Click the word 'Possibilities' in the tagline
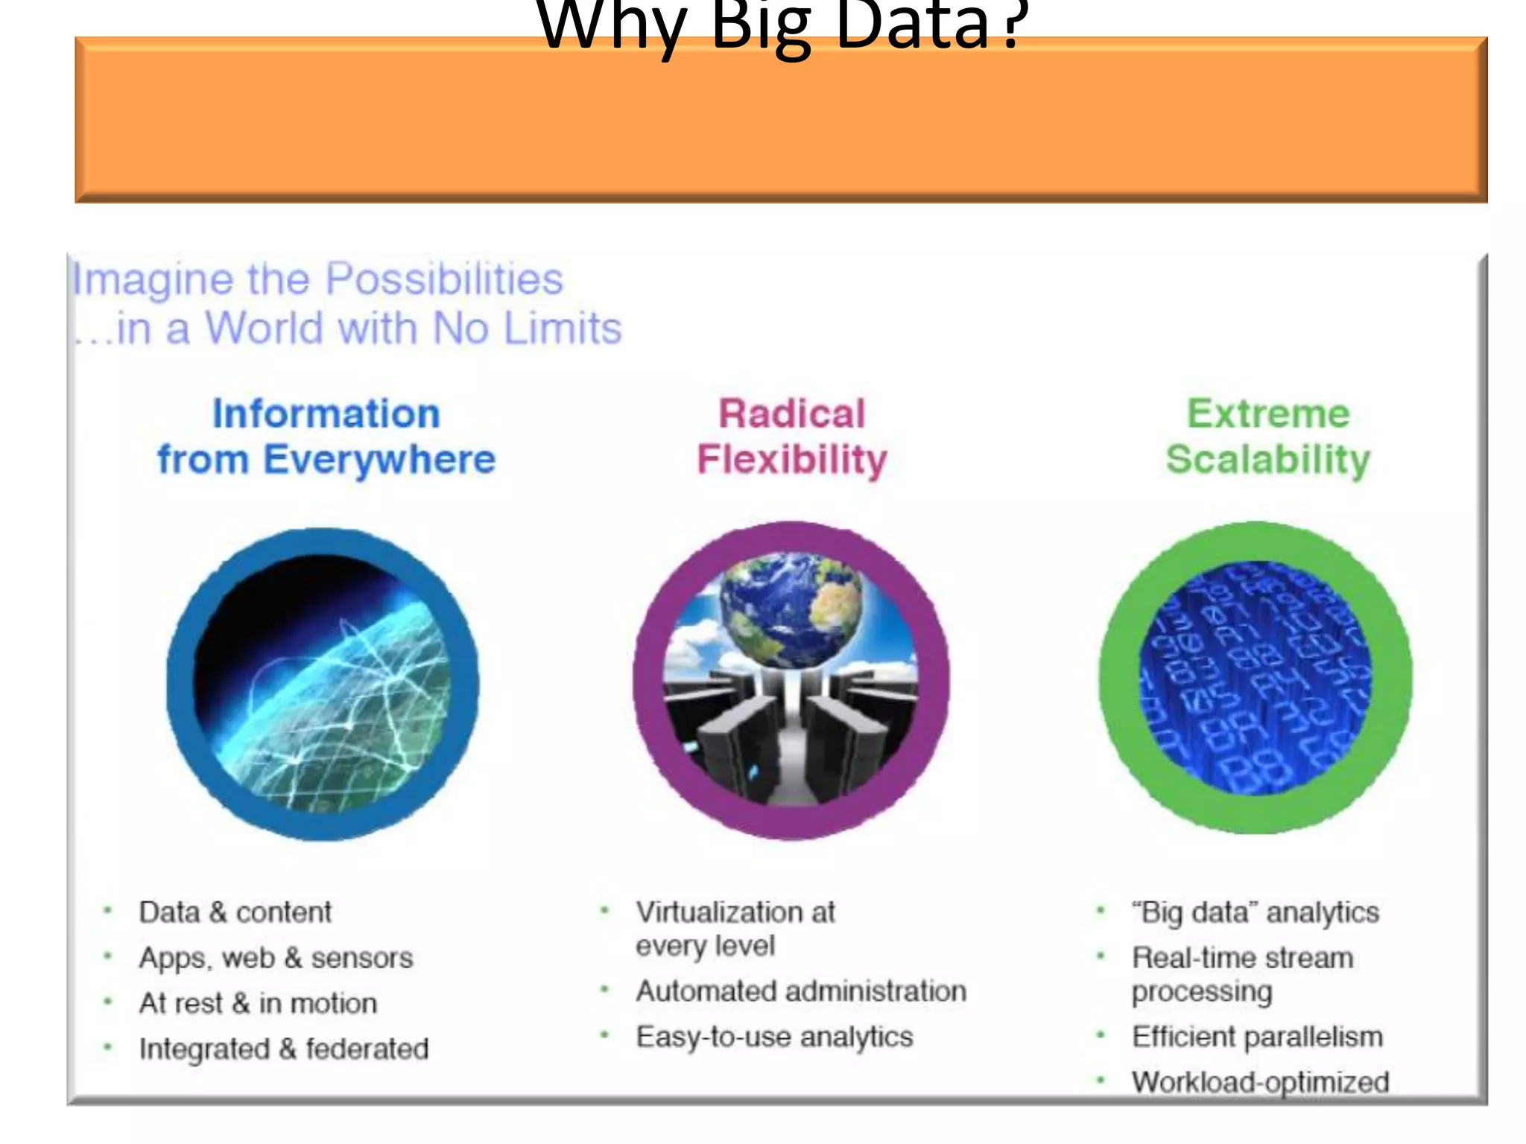pos(444,280)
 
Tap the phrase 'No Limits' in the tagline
pos(527,328)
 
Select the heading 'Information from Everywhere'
pos(326,436)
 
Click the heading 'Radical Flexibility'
pos(791,436)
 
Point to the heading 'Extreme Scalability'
pos(1267,436)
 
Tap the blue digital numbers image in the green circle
pos(1256,678)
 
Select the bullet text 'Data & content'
pos(235,912)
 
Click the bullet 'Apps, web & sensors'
pos(276,958)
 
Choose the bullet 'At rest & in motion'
pos(258,1003)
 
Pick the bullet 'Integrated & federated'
pos(284,1049)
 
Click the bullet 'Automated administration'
pos(801,991)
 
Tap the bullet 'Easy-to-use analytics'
pos(774,1037)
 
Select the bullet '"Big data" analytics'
pos(1256,912)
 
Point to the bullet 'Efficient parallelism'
pos(1257,1037)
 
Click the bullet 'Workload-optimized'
pos(1260,1082)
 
